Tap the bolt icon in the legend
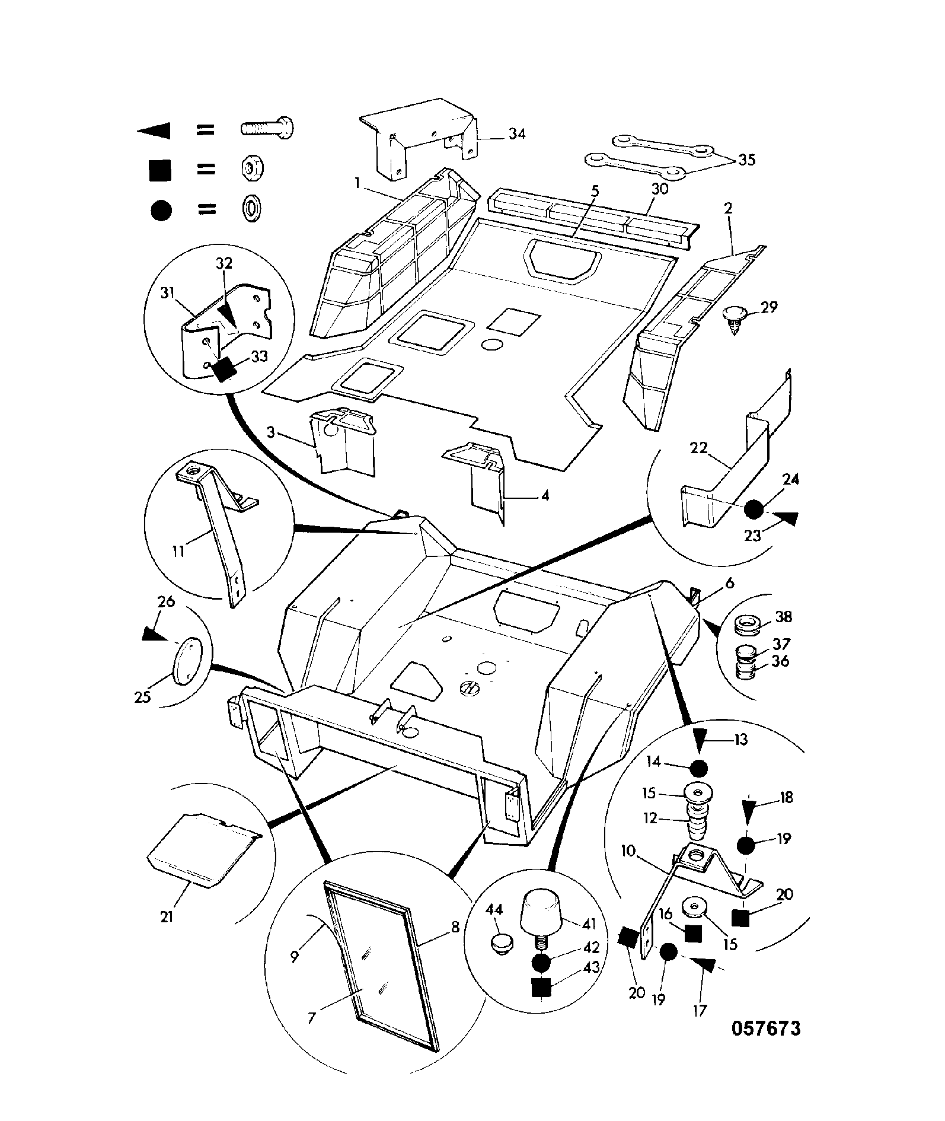(x=267, y=128)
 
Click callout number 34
(x=516, y=134)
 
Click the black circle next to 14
(x=699, y=769)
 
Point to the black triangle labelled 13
(x=706, y=740)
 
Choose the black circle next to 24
(x=754, y=509)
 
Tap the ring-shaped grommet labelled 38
(x=748, y=625)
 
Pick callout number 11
(x=178, y=551)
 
